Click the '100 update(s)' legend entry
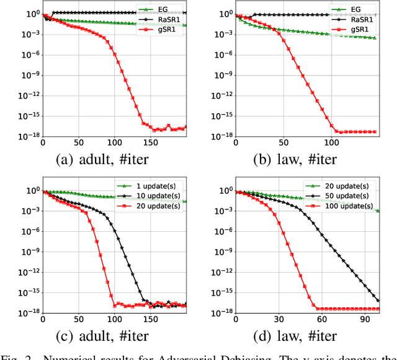click(x=343, y=206)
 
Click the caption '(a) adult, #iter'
click(x=102, y=159)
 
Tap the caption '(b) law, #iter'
click(x=295, y=159)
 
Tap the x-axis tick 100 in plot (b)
click(x=332, y=142)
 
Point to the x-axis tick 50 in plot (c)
click(x=78, y=319)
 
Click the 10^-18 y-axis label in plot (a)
click(x=27, y=134)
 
